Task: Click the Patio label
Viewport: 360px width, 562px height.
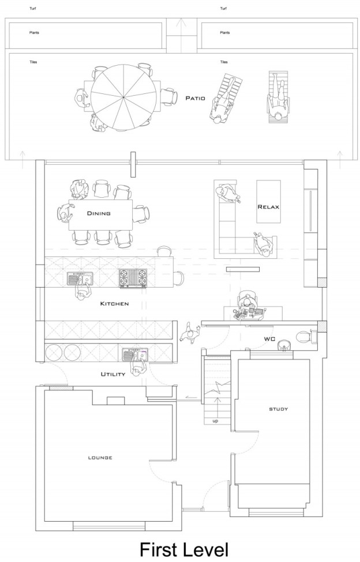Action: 196,98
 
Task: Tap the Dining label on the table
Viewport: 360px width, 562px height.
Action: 99,213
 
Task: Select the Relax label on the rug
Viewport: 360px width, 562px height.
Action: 268,207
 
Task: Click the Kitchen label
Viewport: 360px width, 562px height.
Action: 114,304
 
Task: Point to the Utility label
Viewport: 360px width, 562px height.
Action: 113,374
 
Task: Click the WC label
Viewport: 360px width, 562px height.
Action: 269,339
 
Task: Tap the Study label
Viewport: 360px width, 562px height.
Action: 279,409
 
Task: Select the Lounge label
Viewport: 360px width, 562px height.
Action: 100,458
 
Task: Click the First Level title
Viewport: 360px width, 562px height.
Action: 183,550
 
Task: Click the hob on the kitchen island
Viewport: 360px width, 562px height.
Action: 133,278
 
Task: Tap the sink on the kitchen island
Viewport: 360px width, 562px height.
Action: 80,278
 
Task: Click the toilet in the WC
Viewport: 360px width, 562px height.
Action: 306,337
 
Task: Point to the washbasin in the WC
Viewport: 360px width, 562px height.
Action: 284,345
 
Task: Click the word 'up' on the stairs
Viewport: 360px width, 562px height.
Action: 215,421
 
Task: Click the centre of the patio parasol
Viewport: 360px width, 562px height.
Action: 123,97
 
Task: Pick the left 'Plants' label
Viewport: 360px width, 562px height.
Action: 34,33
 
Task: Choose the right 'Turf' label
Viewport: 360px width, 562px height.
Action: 223,8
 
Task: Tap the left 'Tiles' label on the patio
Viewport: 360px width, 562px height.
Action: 33,62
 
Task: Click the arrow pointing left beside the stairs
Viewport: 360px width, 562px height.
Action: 192,398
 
